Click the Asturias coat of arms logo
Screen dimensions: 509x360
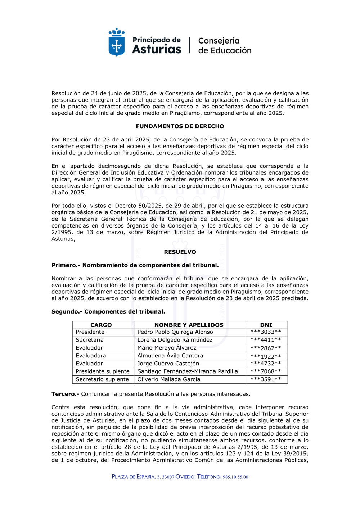[117, 42]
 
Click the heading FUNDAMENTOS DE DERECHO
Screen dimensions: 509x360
[180, 126]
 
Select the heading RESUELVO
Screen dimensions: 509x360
[180, 252]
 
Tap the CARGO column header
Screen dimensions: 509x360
[101, 325]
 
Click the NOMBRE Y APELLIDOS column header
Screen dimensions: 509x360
[189, 325]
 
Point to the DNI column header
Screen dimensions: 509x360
[266, 325]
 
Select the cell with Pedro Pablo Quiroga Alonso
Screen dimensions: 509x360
[175, 332]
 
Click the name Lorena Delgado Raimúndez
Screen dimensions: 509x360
[175, 340]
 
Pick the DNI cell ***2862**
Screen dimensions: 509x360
[266, 348]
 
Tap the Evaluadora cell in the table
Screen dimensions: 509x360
[91, 356]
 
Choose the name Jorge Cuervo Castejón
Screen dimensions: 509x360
[168, 364]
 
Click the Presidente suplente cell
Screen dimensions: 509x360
[103, 371]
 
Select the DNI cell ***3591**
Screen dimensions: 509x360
[266, 379]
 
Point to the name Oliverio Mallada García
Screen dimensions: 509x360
[169, 379]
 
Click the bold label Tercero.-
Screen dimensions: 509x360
[65, 394]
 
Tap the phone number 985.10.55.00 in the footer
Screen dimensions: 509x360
[235, 477]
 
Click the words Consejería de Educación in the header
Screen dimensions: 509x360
[225, 46]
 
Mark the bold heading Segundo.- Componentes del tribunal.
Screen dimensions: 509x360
[108, 312]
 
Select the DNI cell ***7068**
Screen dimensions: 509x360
[266, 371]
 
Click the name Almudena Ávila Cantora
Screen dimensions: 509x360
[170, 356]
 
